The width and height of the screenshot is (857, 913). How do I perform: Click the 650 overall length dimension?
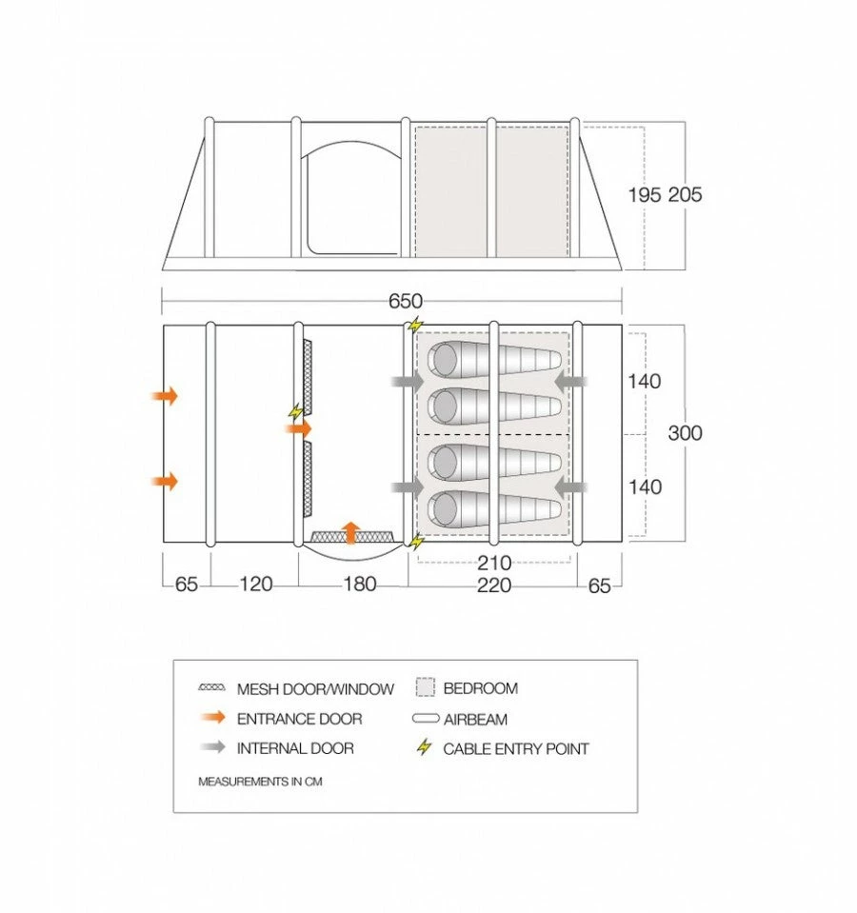[x=406, y=301]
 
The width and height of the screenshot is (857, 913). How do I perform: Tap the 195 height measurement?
[x=645, y=194]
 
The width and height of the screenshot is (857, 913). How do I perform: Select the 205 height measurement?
[x=686, y=194]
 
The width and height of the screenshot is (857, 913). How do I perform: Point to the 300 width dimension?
[x=686, y=433]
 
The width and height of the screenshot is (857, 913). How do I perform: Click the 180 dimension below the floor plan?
[x=360, y=584]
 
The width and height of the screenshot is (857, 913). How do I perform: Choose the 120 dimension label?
[x=255, y=584]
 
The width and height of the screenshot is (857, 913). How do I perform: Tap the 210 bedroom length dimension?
[x=494, y=563]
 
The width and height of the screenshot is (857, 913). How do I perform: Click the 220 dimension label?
[x=494, y=585]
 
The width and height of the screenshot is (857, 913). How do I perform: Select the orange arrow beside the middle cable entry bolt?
[x=299, y=429]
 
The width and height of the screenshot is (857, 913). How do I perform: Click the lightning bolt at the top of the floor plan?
[x=416, y=325]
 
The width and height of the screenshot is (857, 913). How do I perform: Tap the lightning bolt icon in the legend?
[x=425, y=747]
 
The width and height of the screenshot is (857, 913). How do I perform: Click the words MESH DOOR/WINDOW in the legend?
[x=315, y=689]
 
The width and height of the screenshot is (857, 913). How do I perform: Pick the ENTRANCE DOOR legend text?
[x=299, y=719]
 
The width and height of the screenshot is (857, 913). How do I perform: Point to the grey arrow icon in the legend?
[x=212, y=747]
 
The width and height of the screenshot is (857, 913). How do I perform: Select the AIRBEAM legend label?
[x=475, y=720]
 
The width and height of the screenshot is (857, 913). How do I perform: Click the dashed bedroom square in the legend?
[x=426, y=687]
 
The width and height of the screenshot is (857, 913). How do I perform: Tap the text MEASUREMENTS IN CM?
[x=260, y=782]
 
